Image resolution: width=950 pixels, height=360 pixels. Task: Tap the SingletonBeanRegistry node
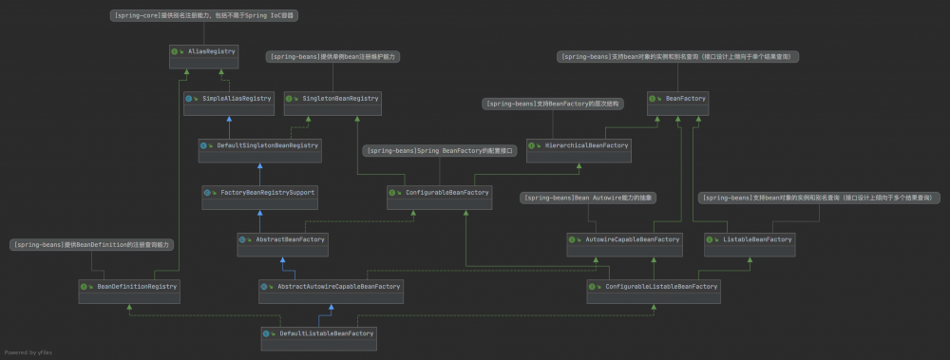[332, 98]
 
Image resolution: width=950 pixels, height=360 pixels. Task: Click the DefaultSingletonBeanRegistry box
[260, 145]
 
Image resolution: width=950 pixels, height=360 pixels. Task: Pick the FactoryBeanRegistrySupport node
[259, 192]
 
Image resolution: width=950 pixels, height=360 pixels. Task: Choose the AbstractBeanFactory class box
[282, 239]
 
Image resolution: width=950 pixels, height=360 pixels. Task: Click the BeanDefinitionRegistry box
[128, 286]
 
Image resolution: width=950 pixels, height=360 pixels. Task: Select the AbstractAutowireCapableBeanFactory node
[330, 286]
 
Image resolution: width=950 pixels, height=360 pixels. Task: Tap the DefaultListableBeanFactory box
[318, 333]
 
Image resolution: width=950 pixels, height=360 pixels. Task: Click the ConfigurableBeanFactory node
[438, 192]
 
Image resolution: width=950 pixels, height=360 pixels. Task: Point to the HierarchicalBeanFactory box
[579, 145]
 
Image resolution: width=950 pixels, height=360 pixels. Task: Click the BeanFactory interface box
[676, 98]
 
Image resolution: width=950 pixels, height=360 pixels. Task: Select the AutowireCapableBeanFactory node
[624, 239]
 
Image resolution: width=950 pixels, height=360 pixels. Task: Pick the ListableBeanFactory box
[749, 239]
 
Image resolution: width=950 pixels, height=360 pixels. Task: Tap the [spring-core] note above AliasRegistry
[204, 16]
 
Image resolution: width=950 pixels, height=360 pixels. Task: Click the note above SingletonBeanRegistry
[332, 57]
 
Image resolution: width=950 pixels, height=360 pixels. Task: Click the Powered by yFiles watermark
[28, 351]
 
